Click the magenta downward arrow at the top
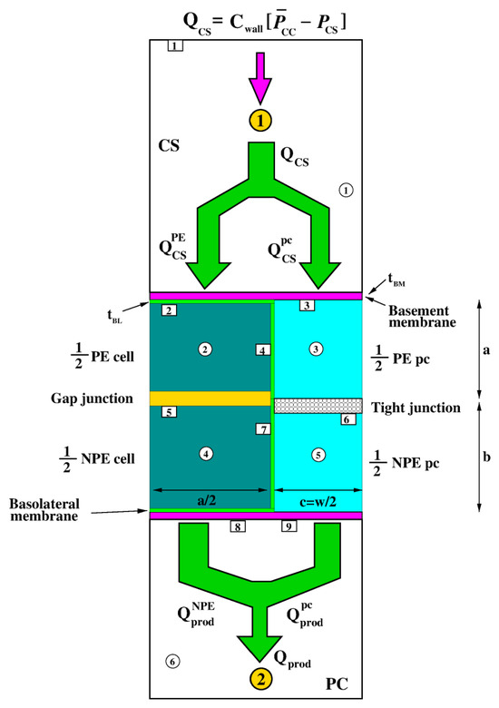260,78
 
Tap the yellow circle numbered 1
260,121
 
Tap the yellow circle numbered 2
261,679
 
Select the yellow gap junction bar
210,398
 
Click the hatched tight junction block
318,406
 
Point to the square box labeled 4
263,350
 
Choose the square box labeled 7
263,429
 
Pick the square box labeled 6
347,419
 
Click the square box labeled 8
238,526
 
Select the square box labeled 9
289,526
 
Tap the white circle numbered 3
316,349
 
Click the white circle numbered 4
206,454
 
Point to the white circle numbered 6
172,662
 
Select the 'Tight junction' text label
416,408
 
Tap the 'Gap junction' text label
92,398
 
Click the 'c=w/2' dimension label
318,502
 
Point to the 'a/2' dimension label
207,500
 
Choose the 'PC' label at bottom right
337,684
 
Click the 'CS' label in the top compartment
169,145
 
